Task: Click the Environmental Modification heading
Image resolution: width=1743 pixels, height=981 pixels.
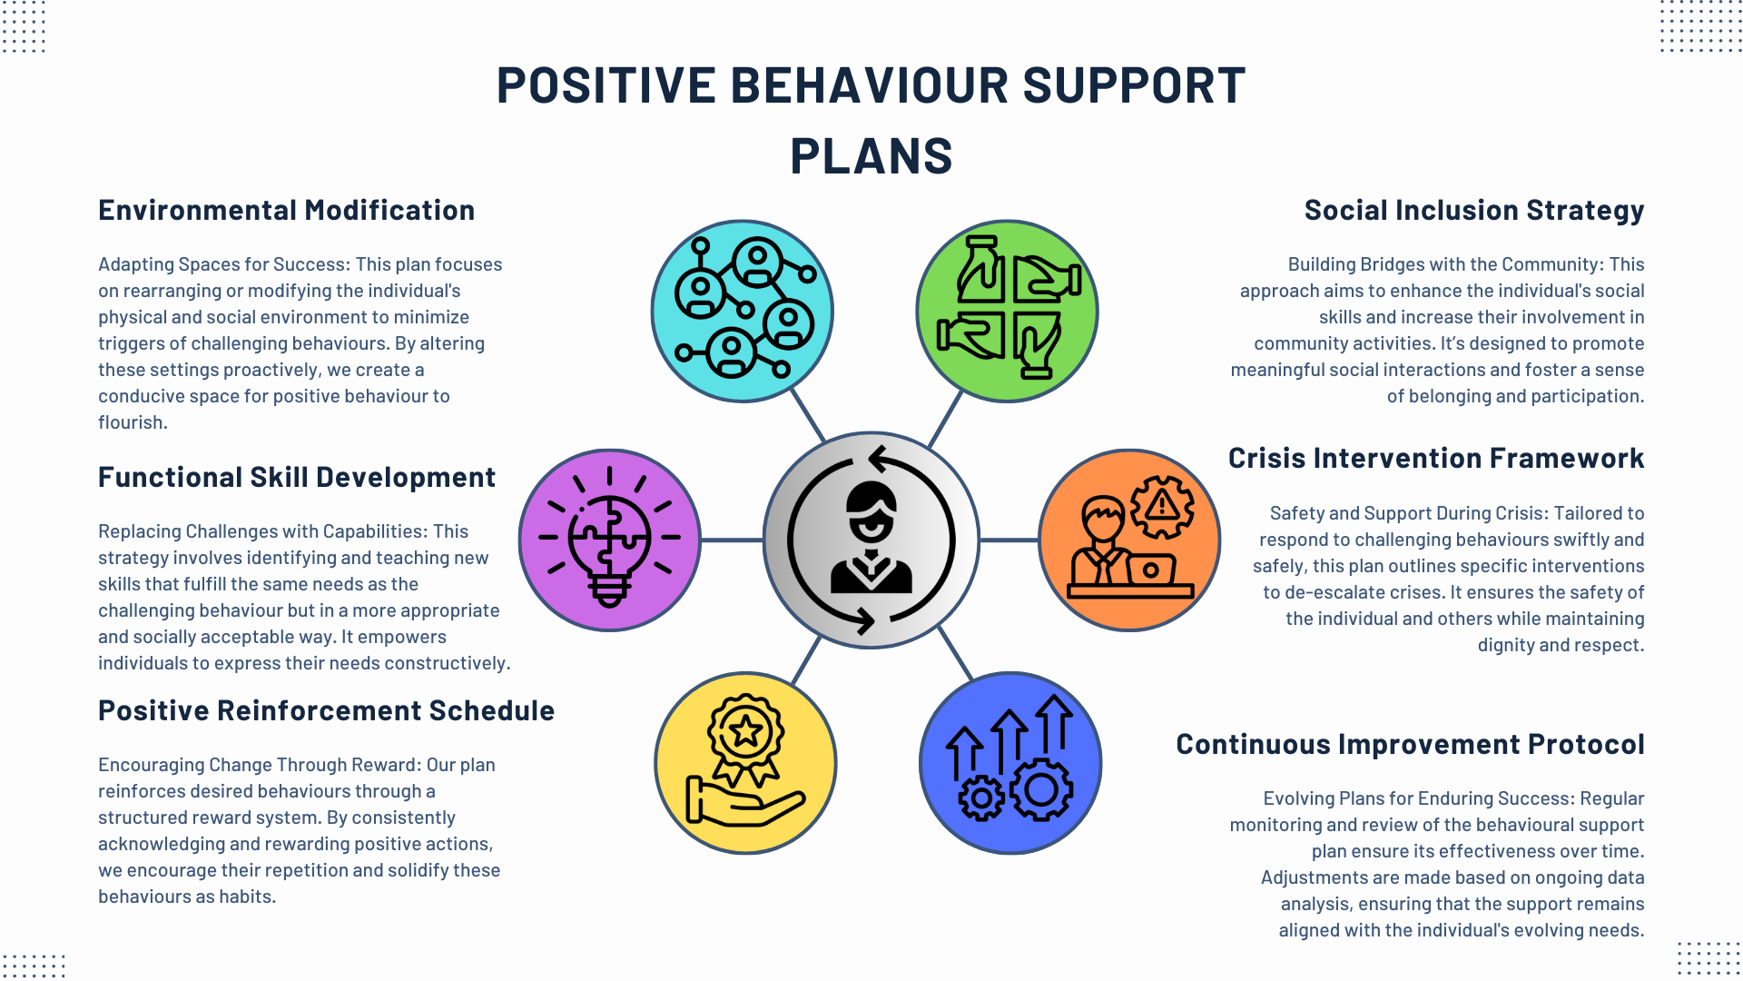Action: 286,210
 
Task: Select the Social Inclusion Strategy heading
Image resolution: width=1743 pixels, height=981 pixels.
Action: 1473,210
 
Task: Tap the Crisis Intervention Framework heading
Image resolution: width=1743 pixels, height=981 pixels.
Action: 1435,458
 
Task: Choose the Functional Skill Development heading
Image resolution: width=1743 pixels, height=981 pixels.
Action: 296,477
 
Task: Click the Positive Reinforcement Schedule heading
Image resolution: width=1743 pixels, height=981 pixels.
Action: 326,710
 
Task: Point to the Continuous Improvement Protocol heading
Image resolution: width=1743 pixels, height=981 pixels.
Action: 1410,744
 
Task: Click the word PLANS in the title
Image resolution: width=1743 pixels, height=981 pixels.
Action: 871,156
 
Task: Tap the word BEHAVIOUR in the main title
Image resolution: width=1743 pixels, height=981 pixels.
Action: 869,85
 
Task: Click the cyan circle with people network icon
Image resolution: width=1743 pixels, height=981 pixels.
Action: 742,311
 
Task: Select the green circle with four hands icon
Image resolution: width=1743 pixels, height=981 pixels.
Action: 1007,311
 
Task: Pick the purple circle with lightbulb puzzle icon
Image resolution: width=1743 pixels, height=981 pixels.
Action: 609,540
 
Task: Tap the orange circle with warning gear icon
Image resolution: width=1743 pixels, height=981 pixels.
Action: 1128,540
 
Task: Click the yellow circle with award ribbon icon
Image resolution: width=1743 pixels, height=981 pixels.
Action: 745,763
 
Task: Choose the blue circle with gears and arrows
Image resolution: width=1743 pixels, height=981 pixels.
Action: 1010,763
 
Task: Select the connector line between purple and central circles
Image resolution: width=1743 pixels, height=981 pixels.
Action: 732,540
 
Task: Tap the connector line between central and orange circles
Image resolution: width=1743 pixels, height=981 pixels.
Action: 1009,540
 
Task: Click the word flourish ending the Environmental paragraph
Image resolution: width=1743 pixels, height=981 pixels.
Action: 132,422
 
